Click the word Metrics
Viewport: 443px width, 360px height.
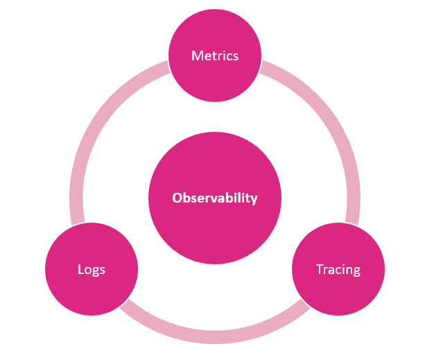pos(215,55)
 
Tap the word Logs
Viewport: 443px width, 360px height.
pos(92,269)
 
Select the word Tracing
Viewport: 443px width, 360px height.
pos(338,269)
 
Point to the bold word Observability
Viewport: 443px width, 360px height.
pos(215,198)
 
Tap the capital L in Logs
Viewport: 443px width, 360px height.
pos(80,269)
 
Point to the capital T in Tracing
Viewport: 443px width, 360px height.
pos(319,269)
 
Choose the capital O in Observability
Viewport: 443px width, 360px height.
pos(177,198)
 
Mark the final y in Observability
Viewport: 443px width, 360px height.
pos(254,200)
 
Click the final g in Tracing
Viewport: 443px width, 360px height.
pos(356,271)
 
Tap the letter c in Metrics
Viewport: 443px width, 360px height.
pos(230,56)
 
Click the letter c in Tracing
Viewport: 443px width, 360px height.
pos(336,270)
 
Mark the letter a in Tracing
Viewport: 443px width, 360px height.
pos(329,270)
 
